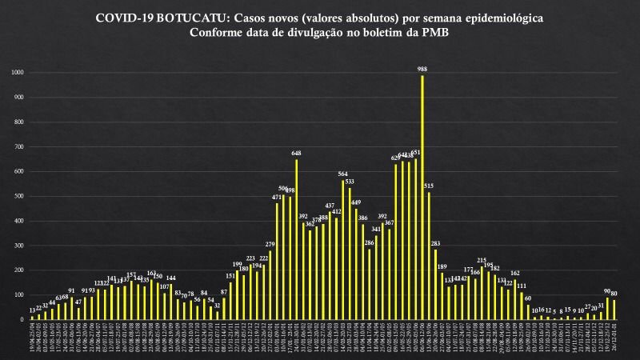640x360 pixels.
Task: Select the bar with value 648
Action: pyautogui.click(x=296, y=239)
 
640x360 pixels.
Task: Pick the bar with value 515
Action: pyautogui.click(x=429, y=256)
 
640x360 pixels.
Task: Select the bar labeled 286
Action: pyautogui.click(x=369, y=284)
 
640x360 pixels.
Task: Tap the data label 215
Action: pyautogui.click(x=482, y=260)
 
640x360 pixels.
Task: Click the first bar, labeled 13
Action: pyautogui.click(x=32, y=318)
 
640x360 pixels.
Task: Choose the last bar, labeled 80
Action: pyautogui.click(x=614, y=310)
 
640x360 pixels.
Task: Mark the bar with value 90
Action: pyautogui.click(x=607, y=309)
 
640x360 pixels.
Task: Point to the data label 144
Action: pyautogui.click(x=170, y=278)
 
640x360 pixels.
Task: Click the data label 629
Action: pyautogui.click(x=395, y=158)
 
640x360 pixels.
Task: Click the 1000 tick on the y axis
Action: pyautogui.click(x=18, y=73)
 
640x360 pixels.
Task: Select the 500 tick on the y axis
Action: pyautogui.click(x=19, y=196)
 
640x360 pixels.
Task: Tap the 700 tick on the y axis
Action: pyautogui.click(x=19, y=146)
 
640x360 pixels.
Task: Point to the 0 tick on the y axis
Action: pyautogui.click(x=23, y=319)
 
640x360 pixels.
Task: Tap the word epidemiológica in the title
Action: pyautogui.click(x=505, y=17)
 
